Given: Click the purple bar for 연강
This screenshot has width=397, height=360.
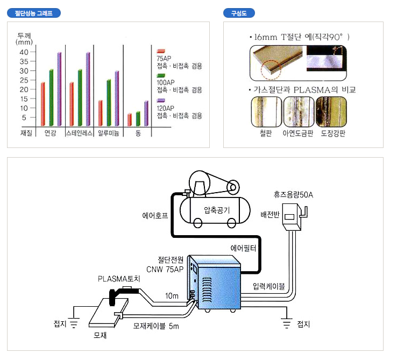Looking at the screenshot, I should point(59,88).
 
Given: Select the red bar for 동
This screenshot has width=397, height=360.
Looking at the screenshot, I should point(129,119).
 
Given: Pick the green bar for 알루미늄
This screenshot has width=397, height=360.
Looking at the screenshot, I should point(109,102).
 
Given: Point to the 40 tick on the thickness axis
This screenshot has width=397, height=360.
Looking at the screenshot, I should point(24,52).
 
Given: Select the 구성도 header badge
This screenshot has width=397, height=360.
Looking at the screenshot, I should point(239,13).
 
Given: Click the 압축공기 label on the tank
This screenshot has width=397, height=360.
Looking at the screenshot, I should point(217,210).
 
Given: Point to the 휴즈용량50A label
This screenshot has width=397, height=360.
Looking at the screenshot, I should point(293,194).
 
